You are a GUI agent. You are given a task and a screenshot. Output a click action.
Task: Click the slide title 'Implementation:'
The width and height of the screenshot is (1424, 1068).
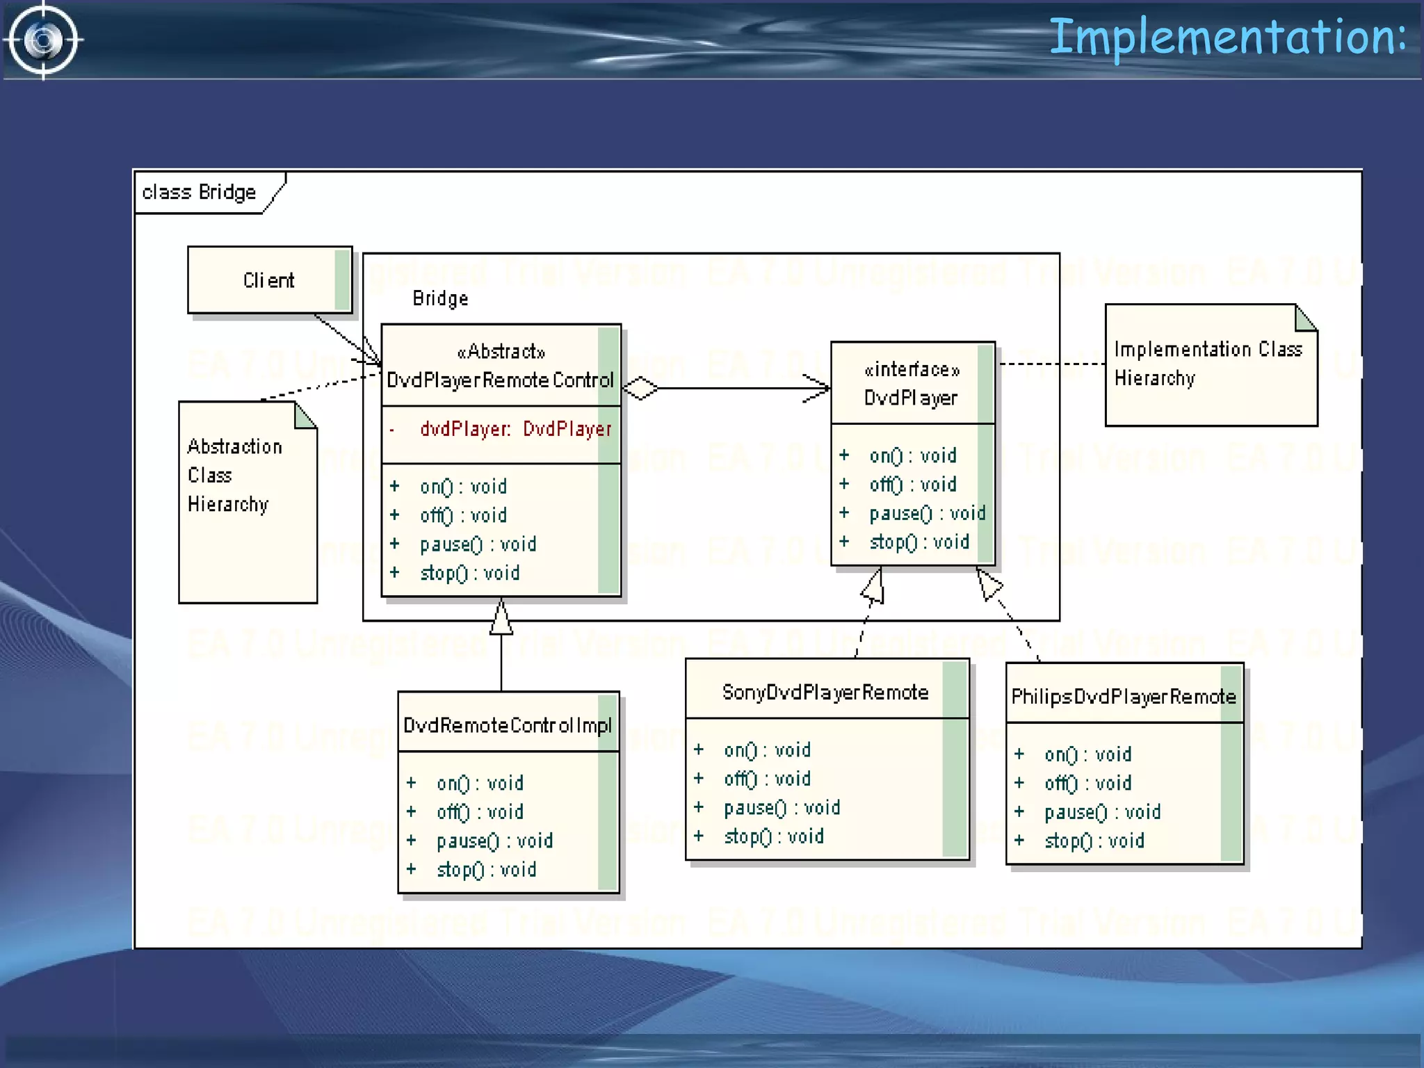tap(1227, 38)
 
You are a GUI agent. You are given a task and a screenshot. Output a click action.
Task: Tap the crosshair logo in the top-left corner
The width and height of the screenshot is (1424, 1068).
tap(43, 40)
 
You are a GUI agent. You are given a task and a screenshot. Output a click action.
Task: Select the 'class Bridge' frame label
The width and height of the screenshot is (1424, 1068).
tap(200, 192)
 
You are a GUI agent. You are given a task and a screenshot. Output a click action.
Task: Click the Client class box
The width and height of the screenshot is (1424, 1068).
tap(269, 280)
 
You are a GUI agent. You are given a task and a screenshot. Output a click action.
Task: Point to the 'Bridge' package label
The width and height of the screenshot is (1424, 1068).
tap(440, 299)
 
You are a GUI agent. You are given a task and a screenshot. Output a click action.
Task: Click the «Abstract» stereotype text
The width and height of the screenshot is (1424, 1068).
tap(501, 352)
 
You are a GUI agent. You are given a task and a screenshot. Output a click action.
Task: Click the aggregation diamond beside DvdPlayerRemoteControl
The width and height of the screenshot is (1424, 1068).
tap(640, 388)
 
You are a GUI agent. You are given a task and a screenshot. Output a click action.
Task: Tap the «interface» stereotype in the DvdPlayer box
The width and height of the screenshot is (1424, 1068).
tap(912, 370)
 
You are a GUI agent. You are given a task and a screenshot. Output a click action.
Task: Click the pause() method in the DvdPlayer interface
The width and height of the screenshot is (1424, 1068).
tap(927, 514)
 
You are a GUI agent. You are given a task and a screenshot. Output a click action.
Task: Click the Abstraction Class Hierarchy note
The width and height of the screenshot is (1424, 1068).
tap(235, 476)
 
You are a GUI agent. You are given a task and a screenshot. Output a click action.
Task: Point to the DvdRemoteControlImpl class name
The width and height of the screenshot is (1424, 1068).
tap(507, 726)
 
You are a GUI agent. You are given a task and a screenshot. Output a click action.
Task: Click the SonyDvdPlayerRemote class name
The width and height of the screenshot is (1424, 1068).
tap(825, 693)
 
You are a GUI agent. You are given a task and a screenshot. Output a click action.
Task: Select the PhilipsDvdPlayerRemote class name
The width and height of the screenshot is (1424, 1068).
tap(1123, 697)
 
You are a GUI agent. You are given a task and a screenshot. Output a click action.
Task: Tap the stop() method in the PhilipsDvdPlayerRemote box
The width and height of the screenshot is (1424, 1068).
tap(1094, 841)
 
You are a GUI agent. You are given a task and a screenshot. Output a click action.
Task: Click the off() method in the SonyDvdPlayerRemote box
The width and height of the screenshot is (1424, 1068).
tap(767, 779)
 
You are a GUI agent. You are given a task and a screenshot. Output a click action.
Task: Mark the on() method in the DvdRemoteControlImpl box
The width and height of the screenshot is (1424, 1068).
tap(480, 784)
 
